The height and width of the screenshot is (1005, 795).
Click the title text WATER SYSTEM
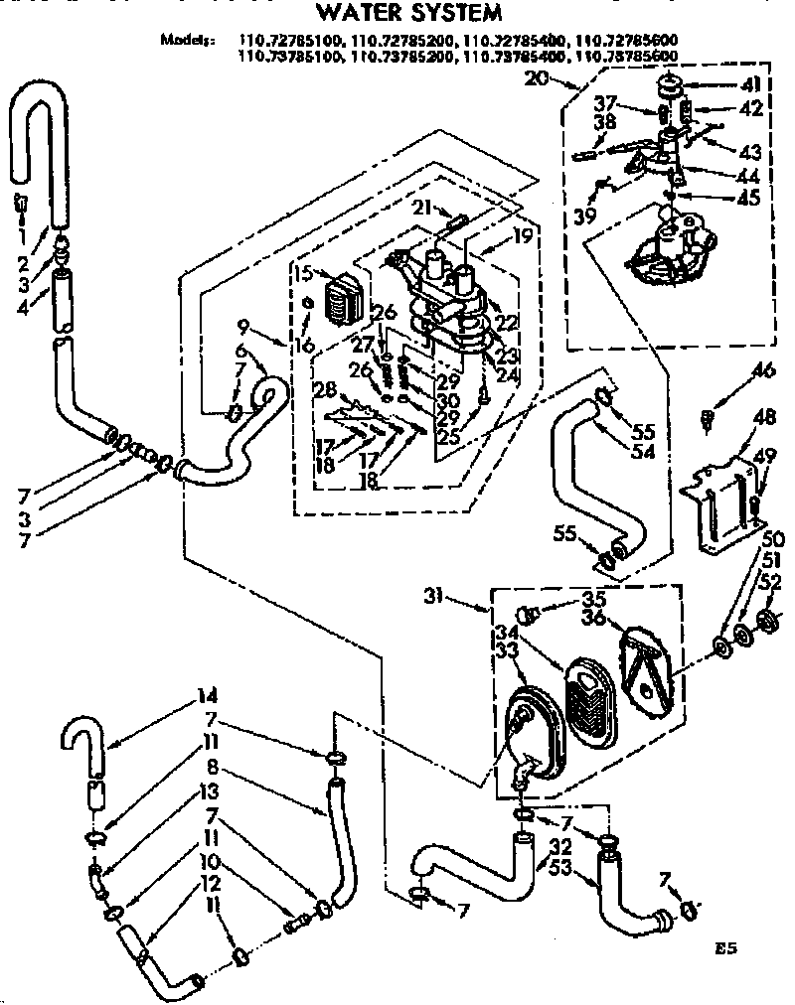tap(395, 13)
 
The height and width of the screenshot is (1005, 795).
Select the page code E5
tap(726, 948)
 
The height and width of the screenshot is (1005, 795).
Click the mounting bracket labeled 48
tap(723, 502)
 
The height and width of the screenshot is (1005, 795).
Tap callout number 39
tap(585, 217)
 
